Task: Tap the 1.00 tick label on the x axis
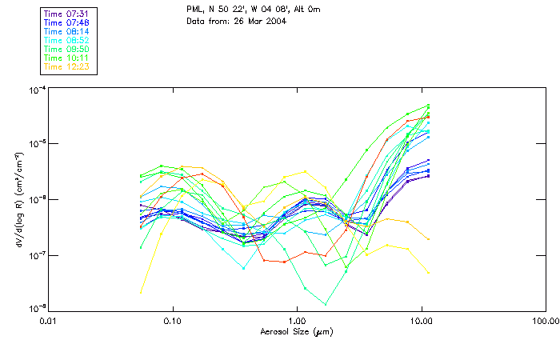(297, 321)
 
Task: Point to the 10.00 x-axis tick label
(421, 321)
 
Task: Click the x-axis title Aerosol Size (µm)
(296, 331)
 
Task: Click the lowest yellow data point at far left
(141, 292)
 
